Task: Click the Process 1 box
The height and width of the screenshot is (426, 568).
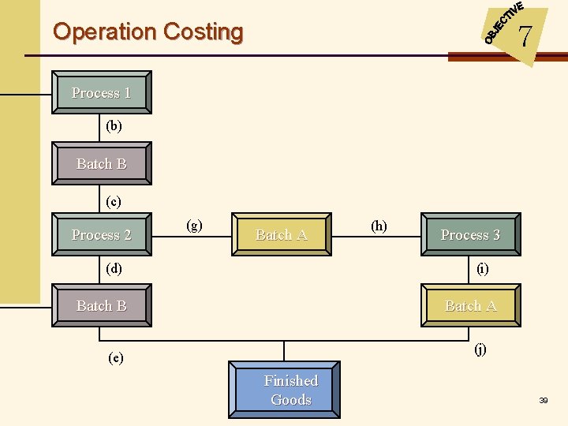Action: tap(101, 93)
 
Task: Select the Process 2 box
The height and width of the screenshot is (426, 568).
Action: tap(101, 234)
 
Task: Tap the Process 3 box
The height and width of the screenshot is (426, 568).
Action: tap(470, 234)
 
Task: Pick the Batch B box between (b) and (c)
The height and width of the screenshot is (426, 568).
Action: tap(101, 164)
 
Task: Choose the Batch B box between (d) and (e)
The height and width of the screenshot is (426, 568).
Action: tap(101, 305)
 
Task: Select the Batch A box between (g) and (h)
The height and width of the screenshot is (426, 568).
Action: tap(281, 234)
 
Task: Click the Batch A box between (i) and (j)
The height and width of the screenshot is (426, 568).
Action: tap(470, 305)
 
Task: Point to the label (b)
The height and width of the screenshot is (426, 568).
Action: tap(114, 126)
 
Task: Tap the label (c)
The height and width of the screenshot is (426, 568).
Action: tap(114, 202)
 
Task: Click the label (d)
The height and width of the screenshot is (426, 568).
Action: tap(114, 268)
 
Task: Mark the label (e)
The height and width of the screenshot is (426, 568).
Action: tap(115, 357)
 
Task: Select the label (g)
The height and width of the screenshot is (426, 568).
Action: tap(193, 226)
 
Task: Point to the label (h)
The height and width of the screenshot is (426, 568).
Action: tap(379, 226)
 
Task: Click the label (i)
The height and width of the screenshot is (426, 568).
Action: tap(482, 268)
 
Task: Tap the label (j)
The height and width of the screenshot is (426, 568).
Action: tap(480, 349)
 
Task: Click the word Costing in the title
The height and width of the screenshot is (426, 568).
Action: tap(204, 32)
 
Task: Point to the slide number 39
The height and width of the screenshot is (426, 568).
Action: tap(543, 402)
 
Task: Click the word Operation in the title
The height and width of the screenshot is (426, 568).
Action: tap(105, 32)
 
